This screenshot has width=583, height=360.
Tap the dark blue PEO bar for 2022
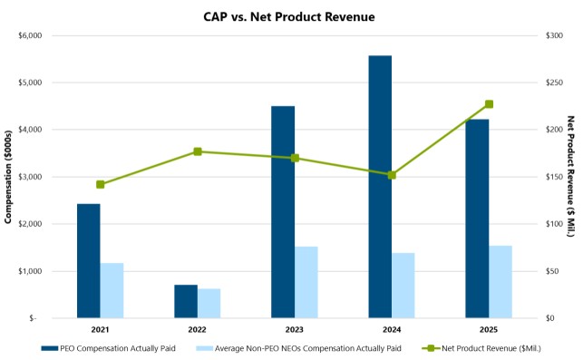click(186, 301)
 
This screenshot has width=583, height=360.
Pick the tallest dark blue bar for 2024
click(380, 187)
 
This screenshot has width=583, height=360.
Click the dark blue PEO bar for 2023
click(283, 212)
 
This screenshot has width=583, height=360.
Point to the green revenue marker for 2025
click(489, 104)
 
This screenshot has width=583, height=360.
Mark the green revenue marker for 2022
click(198, 151)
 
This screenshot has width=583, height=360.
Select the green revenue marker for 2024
click(392, 174)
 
